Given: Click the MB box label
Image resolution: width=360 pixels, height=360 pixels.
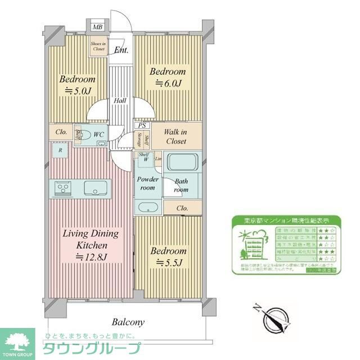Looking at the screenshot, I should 98,27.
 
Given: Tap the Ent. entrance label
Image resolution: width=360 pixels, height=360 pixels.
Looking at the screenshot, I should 121,50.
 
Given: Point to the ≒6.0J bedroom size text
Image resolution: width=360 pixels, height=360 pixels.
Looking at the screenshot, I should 167,84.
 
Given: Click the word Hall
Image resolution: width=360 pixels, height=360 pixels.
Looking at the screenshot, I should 120,101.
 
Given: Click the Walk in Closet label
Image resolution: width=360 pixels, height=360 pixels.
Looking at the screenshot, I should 175,137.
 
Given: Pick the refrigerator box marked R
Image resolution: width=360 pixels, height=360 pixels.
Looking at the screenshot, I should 59,151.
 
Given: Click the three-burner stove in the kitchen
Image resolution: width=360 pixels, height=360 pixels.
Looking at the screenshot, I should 63,187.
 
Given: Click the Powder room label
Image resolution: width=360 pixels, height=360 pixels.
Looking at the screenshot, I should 148,183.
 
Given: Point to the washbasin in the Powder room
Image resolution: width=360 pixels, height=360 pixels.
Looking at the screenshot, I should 148,206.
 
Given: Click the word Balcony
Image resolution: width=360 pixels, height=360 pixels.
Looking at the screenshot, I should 128,322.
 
